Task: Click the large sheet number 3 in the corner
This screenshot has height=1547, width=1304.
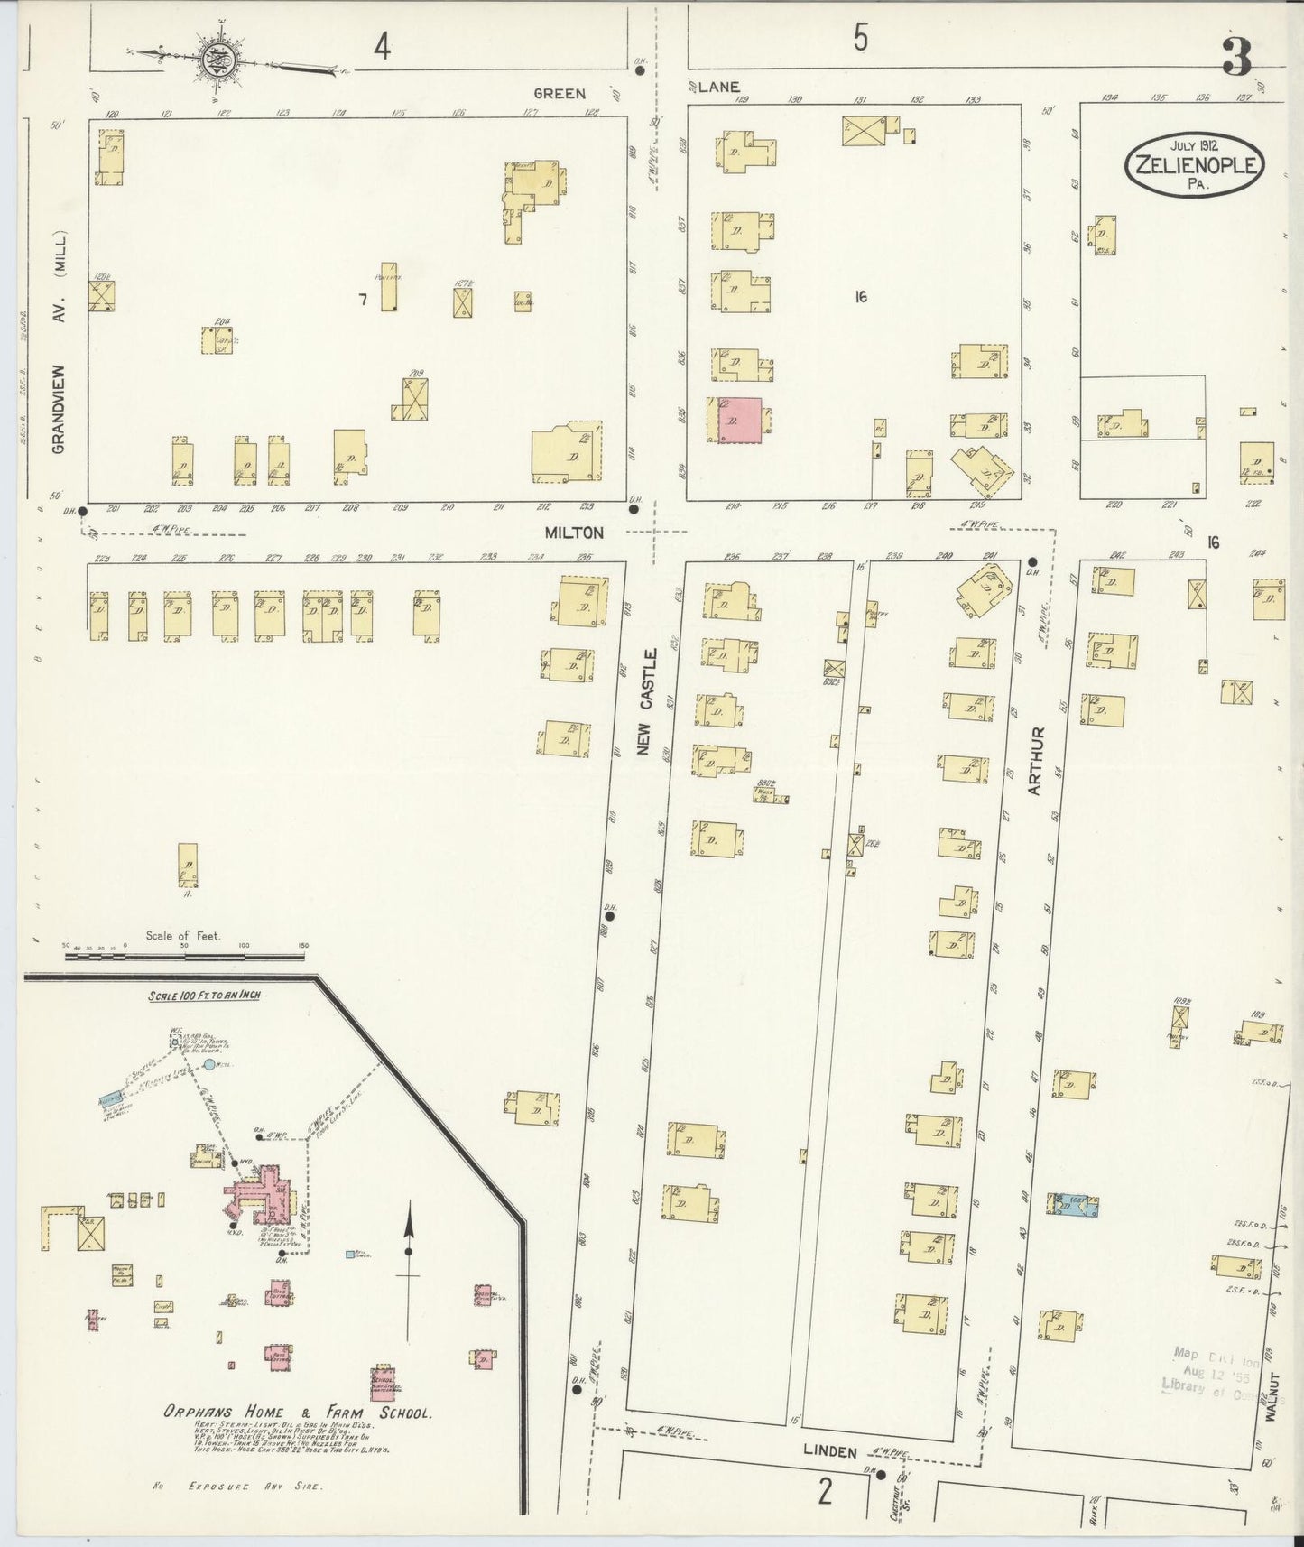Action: [x=1236, y=56]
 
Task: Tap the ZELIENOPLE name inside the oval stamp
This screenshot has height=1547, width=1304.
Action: [x=1193, y=165]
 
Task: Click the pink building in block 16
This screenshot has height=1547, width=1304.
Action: [x=739, y=420]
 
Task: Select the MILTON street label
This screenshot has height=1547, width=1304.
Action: [x=574, y=533]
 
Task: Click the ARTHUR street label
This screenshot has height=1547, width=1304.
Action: [x=1035, y=760]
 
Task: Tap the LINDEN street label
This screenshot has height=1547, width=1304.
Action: [x=829, y=1451]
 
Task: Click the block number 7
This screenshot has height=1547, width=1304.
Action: [x=363, y=300]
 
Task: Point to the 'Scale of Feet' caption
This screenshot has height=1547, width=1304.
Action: [x=183, y=936]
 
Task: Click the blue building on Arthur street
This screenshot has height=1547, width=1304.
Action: [x=1073, y=1203]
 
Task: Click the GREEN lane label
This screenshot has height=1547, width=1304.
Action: [x=560, y=93]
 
